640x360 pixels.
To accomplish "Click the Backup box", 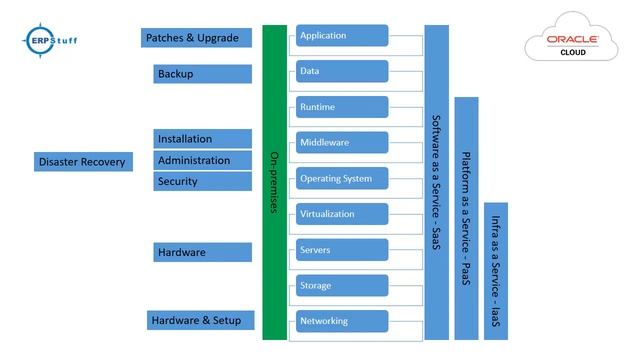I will pos(203,74).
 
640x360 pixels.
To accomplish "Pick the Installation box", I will pos(203,139).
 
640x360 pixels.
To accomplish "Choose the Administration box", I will pos(203,160).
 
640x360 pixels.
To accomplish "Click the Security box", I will pos(203,181).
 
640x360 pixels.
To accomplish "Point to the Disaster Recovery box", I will pos(83,162).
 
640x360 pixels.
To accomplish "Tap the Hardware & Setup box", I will pos(200,320).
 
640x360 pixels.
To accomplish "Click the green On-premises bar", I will pos(274,182).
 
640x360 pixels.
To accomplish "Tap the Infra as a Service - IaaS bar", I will pos(495,270).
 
